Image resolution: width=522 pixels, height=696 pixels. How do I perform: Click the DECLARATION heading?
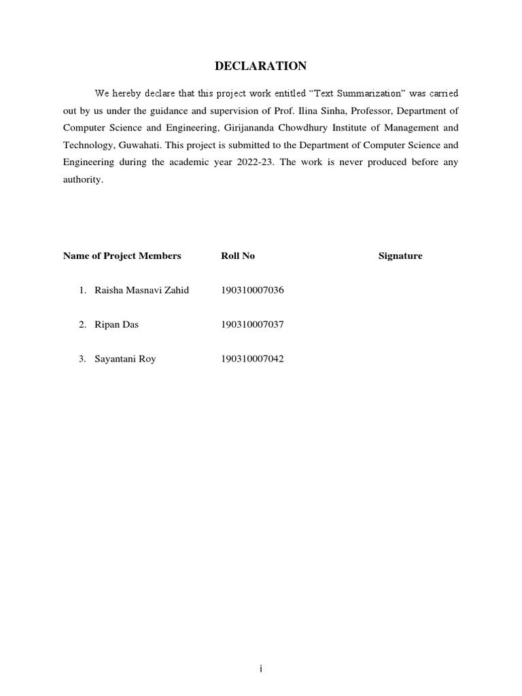261,66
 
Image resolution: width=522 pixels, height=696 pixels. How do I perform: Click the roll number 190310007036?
252,290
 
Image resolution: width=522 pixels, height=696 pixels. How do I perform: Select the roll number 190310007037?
252,325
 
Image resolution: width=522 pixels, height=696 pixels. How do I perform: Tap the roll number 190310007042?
252,359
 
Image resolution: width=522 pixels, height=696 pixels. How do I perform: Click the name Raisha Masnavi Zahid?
141,290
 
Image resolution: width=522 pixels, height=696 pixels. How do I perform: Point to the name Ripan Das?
116,325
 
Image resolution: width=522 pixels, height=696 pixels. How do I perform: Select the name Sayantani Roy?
125,359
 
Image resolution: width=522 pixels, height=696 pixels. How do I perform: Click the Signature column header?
400,256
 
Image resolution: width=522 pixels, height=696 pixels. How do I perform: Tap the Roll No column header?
238,256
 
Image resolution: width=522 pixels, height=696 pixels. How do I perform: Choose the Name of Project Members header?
122,256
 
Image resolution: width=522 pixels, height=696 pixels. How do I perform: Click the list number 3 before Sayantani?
82,359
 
